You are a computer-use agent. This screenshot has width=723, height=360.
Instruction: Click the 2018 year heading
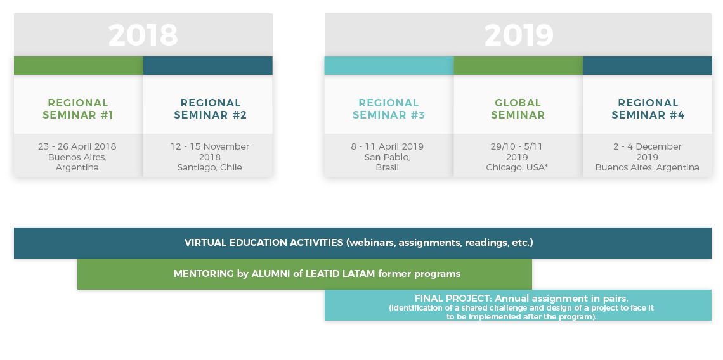[x=143, y=35]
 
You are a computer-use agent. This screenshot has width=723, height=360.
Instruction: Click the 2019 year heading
[x=519, y=35]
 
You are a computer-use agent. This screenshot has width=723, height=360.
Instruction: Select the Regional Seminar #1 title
[x=78, y=109]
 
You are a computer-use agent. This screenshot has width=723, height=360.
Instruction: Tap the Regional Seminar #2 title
[x=211, y=109]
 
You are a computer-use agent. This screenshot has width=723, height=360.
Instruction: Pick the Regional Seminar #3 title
[x=389, y=109]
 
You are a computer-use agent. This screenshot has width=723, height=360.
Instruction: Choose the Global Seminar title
[x=518, y=109]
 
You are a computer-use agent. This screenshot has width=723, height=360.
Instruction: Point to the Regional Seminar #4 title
[x=648, y=109]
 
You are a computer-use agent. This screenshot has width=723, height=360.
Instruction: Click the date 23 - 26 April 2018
[x=77, y=146]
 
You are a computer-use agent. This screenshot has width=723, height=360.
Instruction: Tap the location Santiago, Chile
[x=210, y=167]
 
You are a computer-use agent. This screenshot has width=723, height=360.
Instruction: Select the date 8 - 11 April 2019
[x=388, y=146]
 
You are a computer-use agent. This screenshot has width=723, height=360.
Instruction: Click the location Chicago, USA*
[x=517, y=167]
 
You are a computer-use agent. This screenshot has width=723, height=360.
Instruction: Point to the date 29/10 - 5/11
[x=516, y=146]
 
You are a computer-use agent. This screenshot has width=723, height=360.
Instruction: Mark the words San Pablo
[x=386, y=157]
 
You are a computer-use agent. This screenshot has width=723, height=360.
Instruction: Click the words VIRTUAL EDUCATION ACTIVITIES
[x=264, y=243]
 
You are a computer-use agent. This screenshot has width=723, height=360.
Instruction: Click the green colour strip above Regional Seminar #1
[x=79, y=65]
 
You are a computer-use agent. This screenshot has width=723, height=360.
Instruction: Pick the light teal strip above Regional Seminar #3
[x=389, y=65]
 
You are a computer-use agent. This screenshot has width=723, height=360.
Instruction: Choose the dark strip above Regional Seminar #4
[x=648, y=65]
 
